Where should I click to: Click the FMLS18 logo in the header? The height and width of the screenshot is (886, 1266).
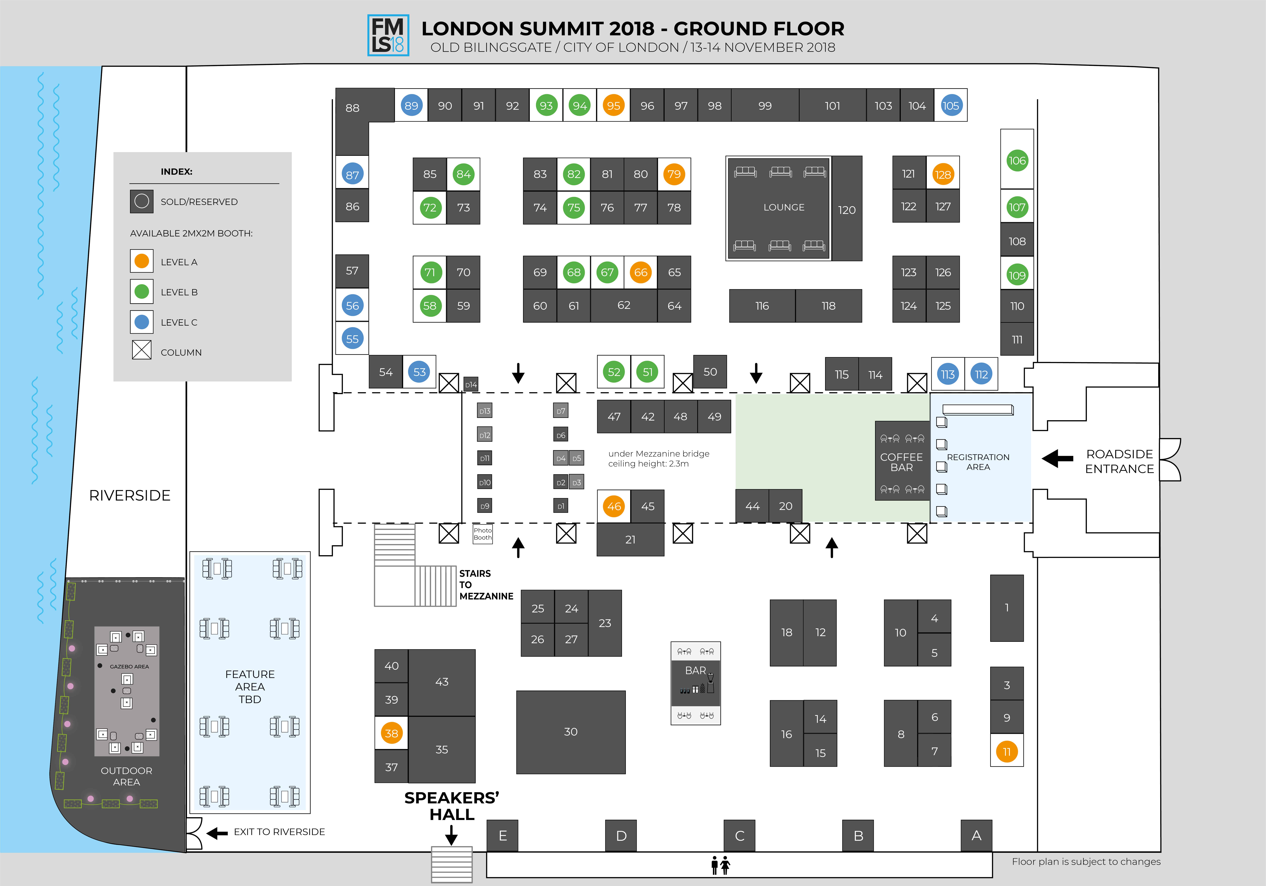pos(388,35)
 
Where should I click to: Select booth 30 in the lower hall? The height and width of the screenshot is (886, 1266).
pos(571,732)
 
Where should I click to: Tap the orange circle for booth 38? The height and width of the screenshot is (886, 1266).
pos(391,733)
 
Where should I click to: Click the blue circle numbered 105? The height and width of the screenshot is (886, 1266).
pos(951,105)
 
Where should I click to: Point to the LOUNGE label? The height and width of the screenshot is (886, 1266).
pos(784,207)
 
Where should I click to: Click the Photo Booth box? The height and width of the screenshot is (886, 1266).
pos(482,534)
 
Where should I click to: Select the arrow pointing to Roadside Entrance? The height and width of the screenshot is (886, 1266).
pos(1057,458)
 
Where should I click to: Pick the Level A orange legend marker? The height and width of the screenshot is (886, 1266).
pos(142,261)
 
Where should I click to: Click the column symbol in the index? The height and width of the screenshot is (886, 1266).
pos(142,350)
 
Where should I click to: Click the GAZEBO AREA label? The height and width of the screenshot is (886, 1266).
pos(129,667)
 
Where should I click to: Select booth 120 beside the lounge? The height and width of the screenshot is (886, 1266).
pos(846,209)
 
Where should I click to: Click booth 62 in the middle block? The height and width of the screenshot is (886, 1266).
pos(624,305)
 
